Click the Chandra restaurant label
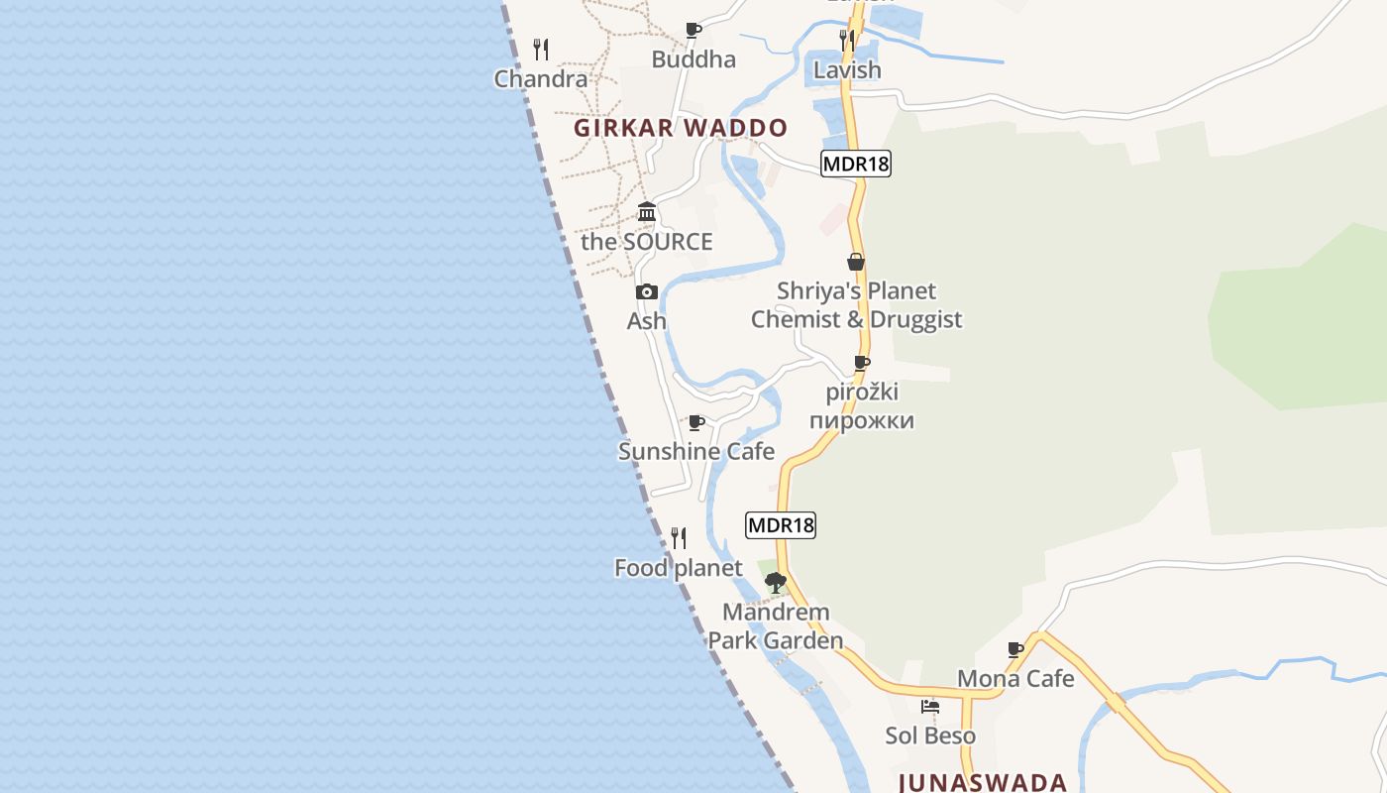click(x=541, y=79)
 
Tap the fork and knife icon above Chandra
click(x=541, y=49)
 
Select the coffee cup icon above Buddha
click(x=693, y=30)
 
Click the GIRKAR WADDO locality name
click(x=681, y=128)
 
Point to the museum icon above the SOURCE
click(x=647, y=211)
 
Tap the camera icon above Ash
click(x=647, y=291)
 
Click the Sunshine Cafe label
click(x=696, y=452)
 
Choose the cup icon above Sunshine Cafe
click(x=696, y=423)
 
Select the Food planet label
click(x=679, y=568)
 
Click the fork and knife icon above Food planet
click(x=679, y=538)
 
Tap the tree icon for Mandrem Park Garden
click(x=776, y=582)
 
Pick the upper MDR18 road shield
click(x=856, y=164)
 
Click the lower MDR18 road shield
click(x=781, y=525)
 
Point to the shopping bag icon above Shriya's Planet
click(x=856, y=262)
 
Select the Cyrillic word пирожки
click(x=861, y=420)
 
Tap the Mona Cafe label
click(x=1015, y=679)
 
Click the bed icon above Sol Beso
click(x=930, y=707)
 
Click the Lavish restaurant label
click(x=847, y=70)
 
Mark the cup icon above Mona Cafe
click(x=1015, y=650)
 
